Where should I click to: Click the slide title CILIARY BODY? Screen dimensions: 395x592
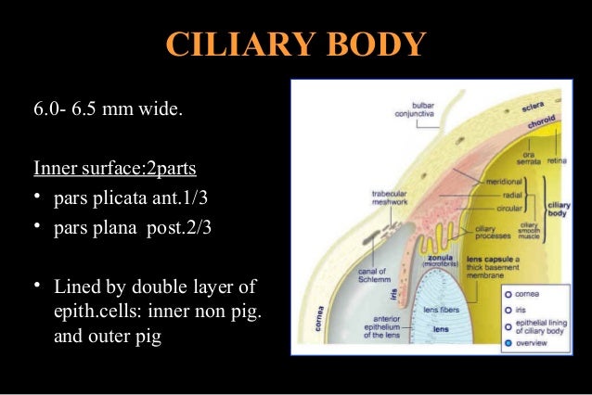(x=295, y=45)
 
